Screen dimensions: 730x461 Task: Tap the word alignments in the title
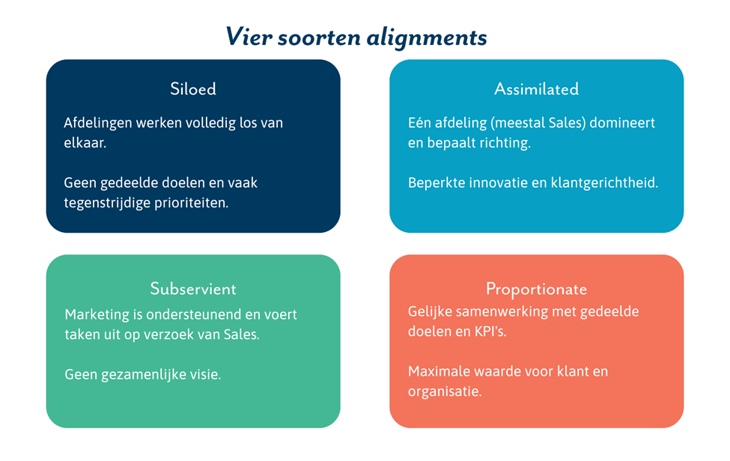click(x=427, y=38)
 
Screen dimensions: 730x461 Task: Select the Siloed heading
click(x=193, y=89)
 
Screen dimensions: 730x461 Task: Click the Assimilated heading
click(x=536, y=89)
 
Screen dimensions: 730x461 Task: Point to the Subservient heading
click(x=193, y=289)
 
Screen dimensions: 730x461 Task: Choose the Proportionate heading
click(x=536, y=290)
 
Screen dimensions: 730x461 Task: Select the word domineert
click(x=622, y=123)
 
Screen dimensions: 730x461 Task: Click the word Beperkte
click(x=437, y=183)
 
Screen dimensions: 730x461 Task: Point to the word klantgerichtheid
click(x=604, y=183)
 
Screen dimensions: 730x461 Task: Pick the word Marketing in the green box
click(x=97, y=315)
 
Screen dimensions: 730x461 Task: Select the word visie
click(x=207, y=374)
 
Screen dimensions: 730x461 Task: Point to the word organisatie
click(x=445, y=391)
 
